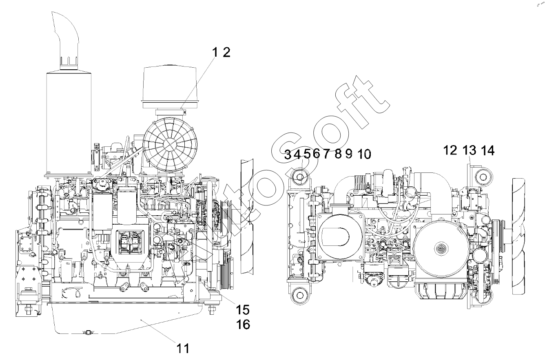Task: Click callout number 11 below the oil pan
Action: pyautogui.click(x=183, y=348)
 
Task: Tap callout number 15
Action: pyautogui.click(x=243, y=310)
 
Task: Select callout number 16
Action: pyautogui.click(x=243, y=324)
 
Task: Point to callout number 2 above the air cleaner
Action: pyautogui.click(x=226, y=52)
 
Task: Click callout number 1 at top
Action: pyautogui.click(x=215, y=52)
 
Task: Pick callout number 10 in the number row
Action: pyautogui.click(x=364, y=154)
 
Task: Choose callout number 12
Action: pyautogui.click(x=450, y=150)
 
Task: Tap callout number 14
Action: pyautogui.click(x=488, y=150)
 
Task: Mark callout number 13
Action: pyautogui.click(x=470, y=150)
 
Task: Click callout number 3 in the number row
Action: pyautogui.click(x=288, y=155)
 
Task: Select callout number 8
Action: pyautogui.click(x=338, y=154)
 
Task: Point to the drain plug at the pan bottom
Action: pyautogui.click(x=89, y=332)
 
